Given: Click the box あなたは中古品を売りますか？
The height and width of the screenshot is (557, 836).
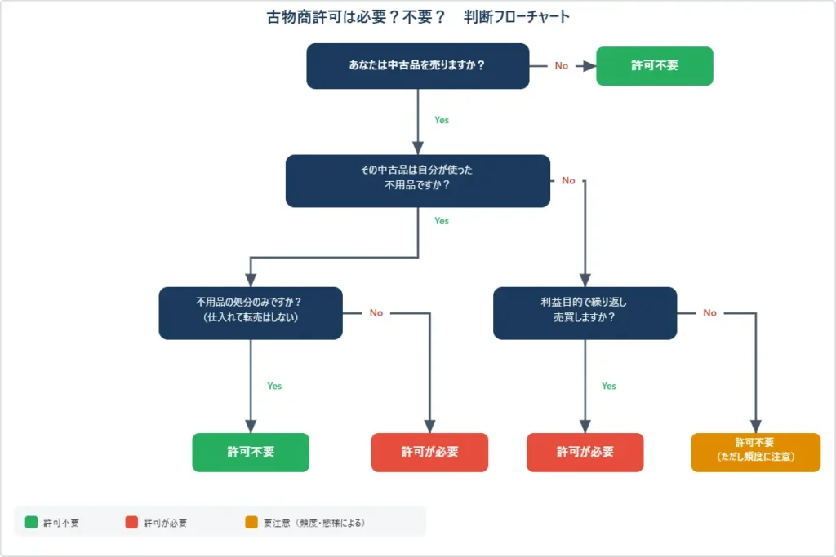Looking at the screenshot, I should pyautogui.click(x=417, y=65).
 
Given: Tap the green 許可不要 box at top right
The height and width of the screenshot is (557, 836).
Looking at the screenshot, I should pyautogui.click(x=654, y=65).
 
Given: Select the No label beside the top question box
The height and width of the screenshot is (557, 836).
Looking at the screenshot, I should pyautogui.click(x=561, y=66).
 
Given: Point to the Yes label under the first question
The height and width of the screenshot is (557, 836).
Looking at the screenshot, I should pyautogui.click(x=441, y=120).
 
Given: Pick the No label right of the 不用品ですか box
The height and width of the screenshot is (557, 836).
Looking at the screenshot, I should pyautogui.click(x=568, y=180).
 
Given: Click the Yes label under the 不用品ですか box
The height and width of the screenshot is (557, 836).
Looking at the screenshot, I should pyautogui.click(x=441, y=221).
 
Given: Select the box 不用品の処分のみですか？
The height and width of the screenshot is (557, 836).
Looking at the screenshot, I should pyautogui.click(x=250, y=312).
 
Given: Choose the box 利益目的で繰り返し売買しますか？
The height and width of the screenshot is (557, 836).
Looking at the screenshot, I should pyautogui.click(x=585, y=312).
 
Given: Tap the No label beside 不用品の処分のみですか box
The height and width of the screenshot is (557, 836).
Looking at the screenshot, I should pyautogui.click(x=376, y=312).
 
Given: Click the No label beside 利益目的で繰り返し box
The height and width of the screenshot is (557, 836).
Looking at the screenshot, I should pyautogui.click(x=709, y=312).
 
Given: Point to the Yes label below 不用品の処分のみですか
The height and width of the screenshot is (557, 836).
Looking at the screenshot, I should pyautogui.click(x=274, y=386).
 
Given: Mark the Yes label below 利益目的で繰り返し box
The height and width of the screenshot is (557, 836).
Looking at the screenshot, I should pyautogui.click(x=608, y=386).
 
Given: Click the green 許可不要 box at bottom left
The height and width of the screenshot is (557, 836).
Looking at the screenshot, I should pyautogui.click(x=251, y=452).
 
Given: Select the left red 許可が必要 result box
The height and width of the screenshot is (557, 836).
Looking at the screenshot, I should pyautogui.click(x=429, y=452).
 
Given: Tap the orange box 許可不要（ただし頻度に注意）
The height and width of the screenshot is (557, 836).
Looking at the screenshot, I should pyautogui.click(x=755, y=452).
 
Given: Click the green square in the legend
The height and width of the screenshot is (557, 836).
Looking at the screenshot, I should pyautogui.click(x=31, y=522).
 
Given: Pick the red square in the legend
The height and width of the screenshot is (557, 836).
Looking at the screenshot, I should pyautogui.click(x=131, y=522).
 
